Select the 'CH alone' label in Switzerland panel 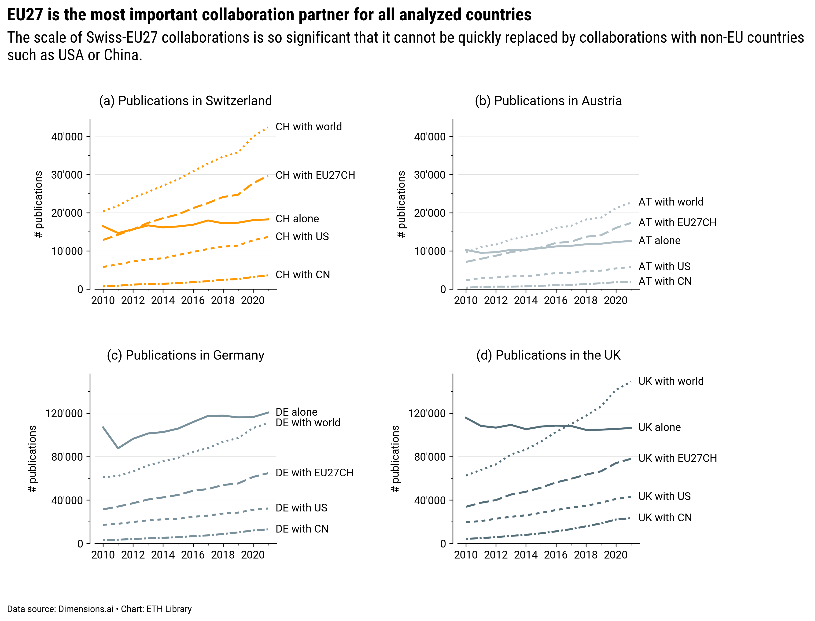pos(297,219)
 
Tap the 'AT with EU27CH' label pos(677,223)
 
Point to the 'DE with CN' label pos(302,529)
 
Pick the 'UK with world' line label pos(671,381)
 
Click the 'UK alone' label pos(659,427)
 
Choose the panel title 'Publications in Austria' pos(548,101)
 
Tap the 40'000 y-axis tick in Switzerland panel pos(67,137)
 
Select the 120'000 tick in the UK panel pos(430,413)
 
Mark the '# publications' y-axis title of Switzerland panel pos(38,204)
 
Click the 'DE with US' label pos(301,508)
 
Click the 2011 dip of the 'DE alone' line pos(118,448)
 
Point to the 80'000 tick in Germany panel pos(67,457)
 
